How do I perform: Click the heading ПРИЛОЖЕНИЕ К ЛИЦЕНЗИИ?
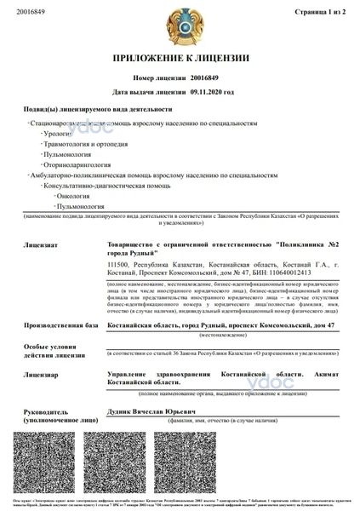click(180, 58)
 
